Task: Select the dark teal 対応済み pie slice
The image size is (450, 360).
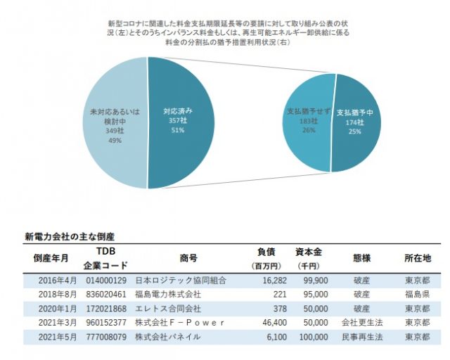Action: [x=186, y=151]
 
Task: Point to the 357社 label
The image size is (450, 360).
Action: [x=177, y=121]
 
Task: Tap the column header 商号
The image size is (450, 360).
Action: [x=189, y=257]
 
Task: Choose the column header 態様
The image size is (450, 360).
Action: [x=361, y=257]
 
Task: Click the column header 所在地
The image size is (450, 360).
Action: [x=418, y=257]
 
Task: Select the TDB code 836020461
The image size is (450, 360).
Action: [x=108, y=294]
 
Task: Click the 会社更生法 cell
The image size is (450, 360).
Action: [x=361, y=323]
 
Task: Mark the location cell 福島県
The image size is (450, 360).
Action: [x=418, y=294]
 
